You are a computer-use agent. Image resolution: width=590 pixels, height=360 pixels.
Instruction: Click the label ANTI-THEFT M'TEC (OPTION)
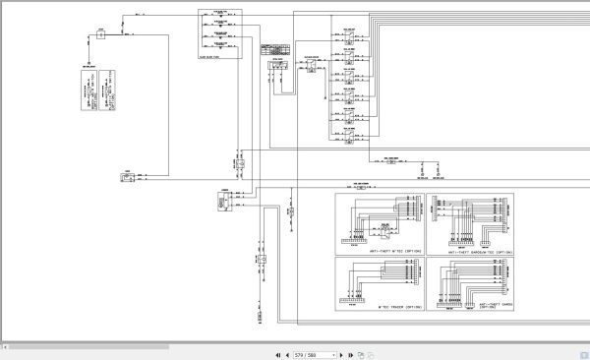point(393,251)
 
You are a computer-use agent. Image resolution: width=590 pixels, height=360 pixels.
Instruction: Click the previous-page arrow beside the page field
point(285,354)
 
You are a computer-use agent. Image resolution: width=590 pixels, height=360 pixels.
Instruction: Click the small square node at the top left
point(100,36)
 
